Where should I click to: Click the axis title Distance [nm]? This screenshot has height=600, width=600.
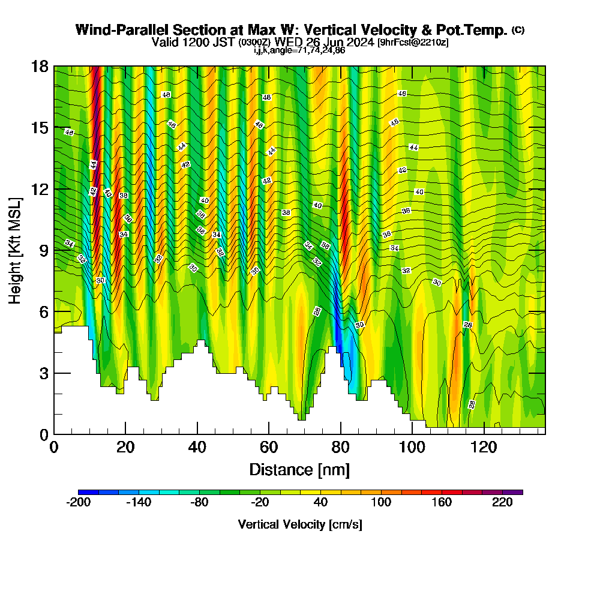tap(299, 469)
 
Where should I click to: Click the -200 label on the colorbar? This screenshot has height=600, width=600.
tap(78, 503)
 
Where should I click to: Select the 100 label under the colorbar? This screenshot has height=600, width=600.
tap(382, 503)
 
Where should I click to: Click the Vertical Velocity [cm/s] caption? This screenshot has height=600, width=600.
tap(299, 524)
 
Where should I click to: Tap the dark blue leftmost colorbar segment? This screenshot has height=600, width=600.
tap(88, 492)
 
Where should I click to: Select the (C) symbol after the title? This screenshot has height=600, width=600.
tap(518, 30)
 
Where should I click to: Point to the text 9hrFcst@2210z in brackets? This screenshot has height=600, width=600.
tap(413, 43)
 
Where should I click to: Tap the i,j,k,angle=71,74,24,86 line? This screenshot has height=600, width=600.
tap(299, 50)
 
